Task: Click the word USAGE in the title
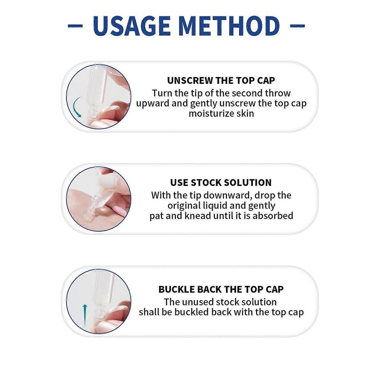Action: pos(132,26)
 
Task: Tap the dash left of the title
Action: pos(75,26)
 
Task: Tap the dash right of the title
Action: pos(298,26)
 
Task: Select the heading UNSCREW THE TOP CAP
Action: pos(221,81)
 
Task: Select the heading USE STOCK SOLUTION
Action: pos(221,183)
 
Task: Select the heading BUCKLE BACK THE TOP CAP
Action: pos(221,290)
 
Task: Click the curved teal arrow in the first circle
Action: pos(76,107)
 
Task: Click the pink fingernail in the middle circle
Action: pos(120,211)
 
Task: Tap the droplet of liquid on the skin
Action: pos(88,217)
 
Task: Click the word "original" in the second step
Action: pos(184,205)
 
